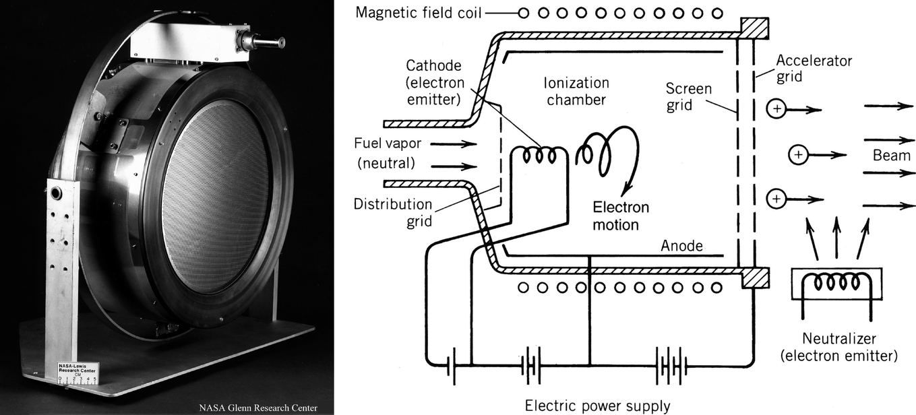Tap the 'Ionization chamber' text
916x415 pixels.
pos(577,92)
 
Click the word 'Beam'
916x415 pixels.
pos(891,156)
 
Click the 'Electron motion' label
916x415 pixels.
pos(620,216)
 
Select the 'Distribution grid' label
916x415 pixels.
pos(392,213)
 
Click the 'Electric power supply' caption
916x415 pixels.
pos(598,406)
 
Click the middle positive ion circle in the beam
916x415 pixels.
pos(798,156)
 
